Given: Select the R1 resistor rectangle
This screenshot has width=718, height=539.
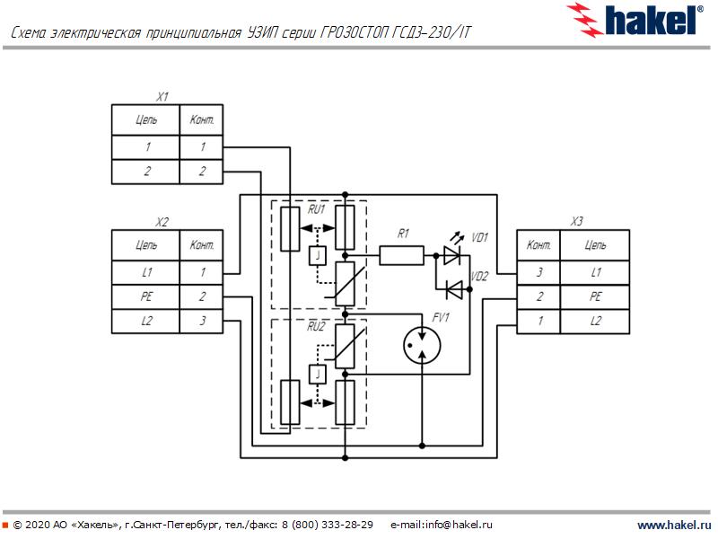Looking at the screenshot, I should pyautogui.click(x=401, y=256).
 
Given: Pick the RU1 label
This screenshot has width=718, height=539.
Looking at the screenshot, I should pyautogui.click(x=317, y=209).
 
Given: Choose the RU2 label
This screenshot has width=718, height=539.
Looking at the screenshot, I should pyautogui.click(x=317, y=327).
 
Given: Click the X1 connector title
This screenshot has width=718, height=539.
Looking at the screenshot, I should pyautogui.click(x=162, y=96).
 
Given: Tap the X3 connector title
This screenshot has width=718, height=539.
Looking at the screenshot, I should pyautogui.click(x=577, y=222).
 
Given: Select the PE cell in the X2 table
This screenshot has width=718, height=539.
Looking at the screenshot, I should pyautogui.click(x=146, y=296).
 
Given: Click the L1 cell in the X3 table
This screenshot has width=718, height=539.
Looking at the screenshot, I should pyautogui.click(x=595, y=271).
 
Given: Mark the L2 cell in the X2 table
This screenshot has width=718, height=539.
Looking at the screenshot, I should pyautogui.click(x=146, y=321).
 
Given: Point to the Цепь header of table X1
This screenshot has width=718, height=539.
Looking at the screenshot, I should pyautogui.click(x=146, y=119).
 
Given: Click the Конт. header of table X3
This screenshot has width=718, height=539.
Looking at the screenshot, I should pyautogui.click(x=539, y=244).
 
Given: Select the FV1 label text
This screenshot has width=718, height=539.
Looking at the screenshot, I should pyautogui.click(x=441, y=318).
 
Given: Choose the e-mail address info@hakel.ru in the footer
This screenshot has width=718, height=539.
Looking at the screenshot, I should pyautogui.click(x=442, y=525).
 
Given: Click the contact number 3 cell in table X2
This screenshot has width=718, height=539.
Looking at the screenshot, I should pyautogui.click(x=203, y=321).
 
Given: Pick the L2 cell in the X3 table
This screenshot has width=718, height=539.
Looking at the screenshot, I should pyautogui.click(x=595, y=321).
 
